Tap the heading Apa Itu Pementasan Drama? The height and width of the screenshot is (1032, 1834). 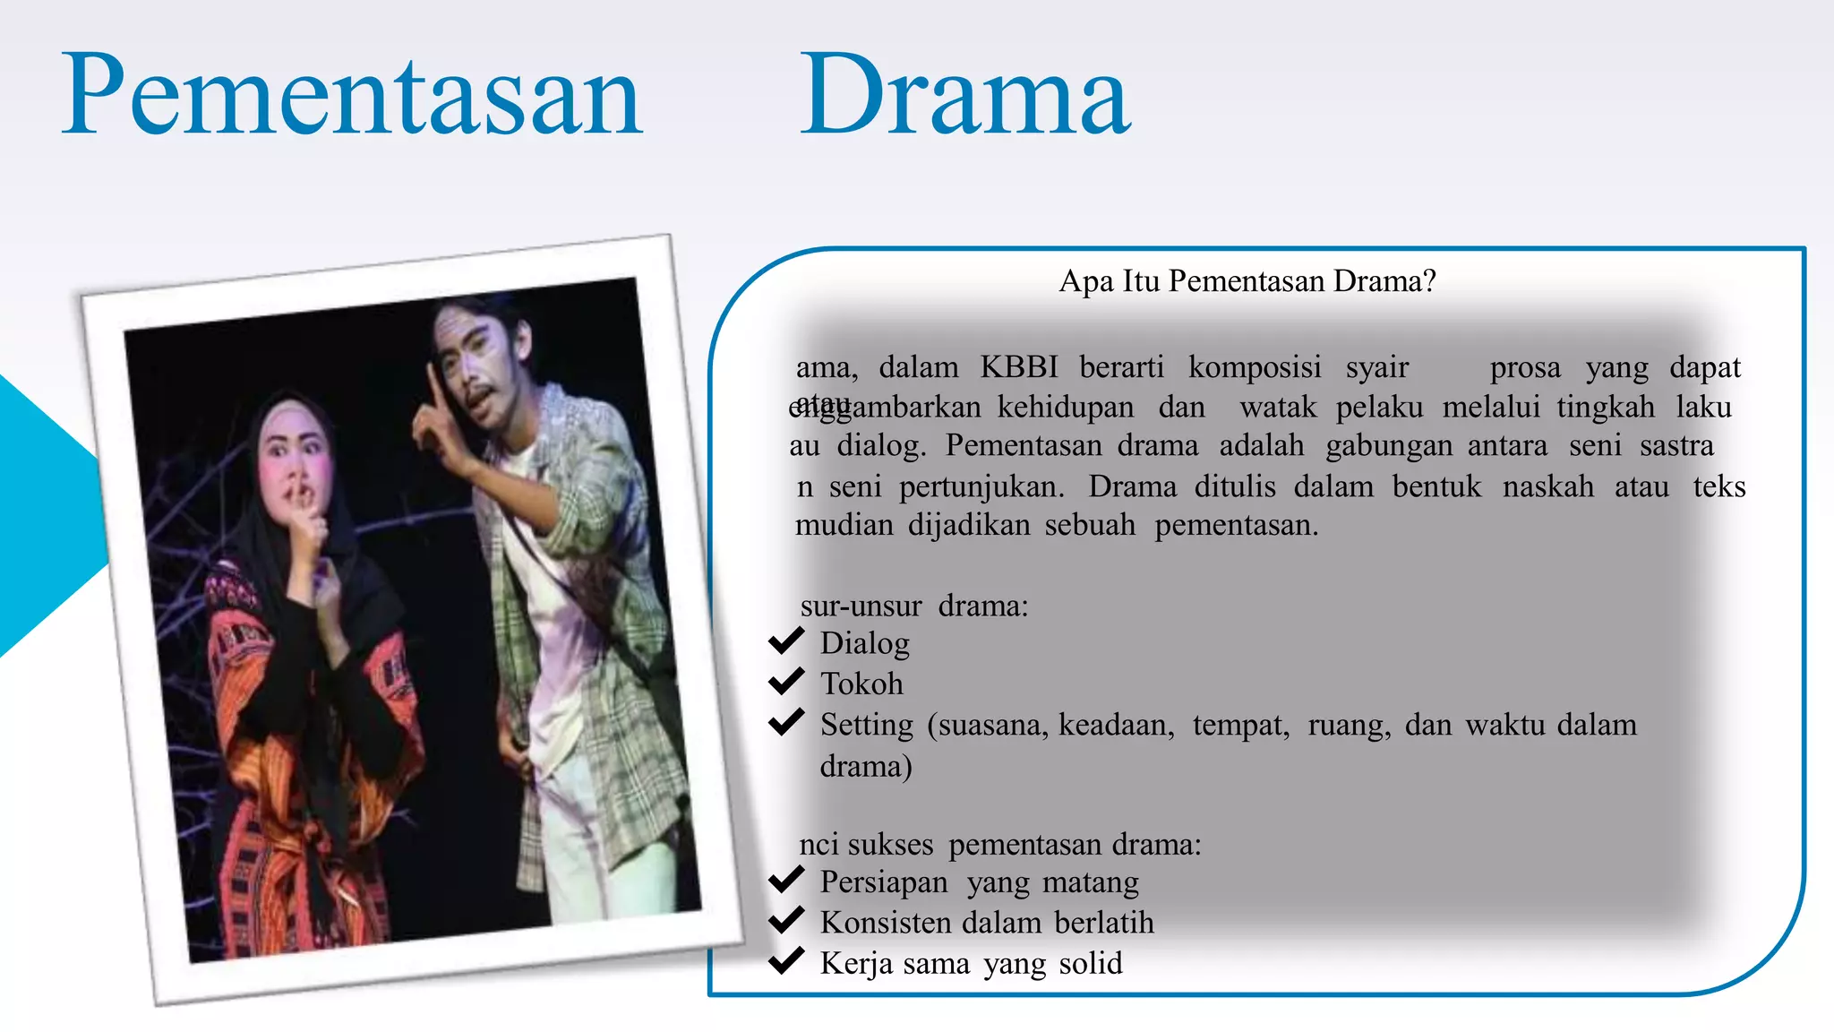[1247, 281]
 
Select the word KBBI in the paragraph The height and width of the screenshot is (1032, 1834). [1018, 367]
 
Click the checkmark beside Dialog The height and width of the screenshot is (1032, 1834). [786, 641]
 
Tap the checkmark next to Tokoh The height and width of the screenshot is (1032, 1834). [786, 682]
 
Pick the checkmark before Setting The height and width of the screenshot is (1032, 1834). [786, 722]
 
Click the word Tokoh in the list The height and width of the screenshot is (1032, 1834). [861, 684]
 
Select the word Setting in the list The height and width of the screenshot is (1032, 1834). [866, 725]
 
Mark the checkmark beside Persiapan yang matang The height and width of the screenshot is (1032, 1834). [786, 880]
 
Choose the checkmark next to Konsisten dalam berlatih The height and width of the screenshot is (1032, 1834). [786, 920]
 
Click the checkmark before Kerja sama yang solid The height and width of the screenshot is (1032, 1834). [786, 961]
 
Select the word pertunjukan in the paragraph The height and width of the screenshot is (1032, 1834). [981, 487]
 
